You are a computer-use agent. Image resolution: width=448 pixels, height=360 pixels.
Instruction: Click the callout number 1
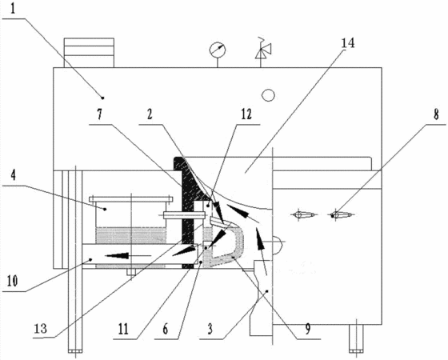13,9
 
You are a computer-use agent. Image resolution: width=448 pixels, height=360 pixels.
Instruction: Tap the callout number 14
348,42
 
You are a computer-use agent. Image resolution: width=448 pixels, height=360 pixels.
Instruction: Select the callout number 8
436,115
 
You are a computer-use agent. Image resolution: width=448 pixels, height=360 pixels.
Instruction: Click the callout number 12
246,114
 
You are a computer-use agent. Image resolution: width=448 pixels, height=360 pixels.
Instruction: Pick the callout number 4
13,175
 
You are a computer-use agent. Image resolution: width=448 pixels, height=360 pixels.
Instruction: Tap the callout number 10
12,281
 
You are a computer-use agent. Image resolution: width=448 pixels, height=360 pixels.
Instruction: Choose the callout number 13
40,328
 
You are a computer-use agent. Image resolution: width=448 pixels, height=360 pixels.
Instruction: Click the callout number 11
123,329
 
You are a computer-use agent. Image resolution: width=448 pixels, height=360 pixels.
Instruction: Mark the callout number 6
166,329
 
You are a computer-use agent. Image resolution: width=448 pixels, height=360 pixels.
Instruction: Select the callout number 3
210,329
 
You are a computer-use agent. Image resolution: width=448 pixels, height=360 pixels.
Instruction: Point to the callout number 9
307,329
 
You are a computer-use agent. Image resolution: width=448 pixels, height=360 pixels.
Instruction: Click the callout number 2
150,114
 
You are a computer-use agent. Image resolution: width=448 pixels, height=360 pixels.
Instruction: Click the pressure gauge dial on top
218,50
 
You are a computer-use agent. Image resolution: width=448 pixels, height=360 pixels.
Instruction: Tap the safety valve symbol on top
263,49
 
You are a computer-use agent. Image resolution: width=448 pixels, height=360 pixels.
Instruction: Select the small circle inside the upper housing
268,95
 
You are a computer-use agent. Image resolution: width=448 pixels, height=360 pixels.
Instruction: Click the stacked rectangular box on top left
89,53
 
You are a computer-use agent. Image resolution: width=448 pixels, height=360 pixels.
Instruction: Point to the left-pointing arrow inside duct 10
128,255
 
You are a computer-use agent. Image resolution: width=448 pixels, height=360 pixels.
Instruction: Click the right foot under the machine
356,338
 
